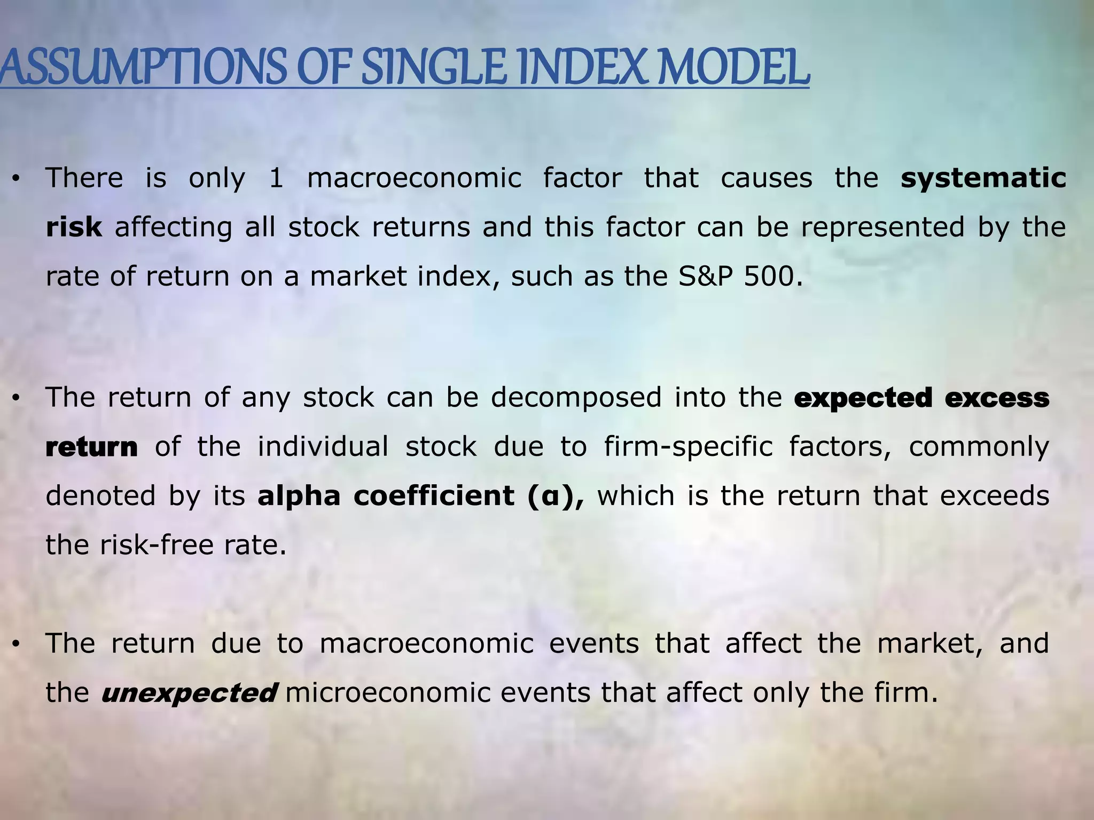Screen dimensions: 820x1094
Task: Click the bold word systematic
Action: tap(983, 178)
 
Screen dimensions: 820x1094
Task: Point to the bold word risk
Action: tap(74, 227)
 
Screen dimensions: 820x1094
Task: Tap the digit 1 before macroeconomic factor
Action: tap(276, 178)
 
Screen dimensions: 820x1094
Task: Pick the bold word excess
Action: tap(997, 398)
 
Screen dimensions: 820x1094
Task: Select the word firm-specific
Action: tap(688, 447)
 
